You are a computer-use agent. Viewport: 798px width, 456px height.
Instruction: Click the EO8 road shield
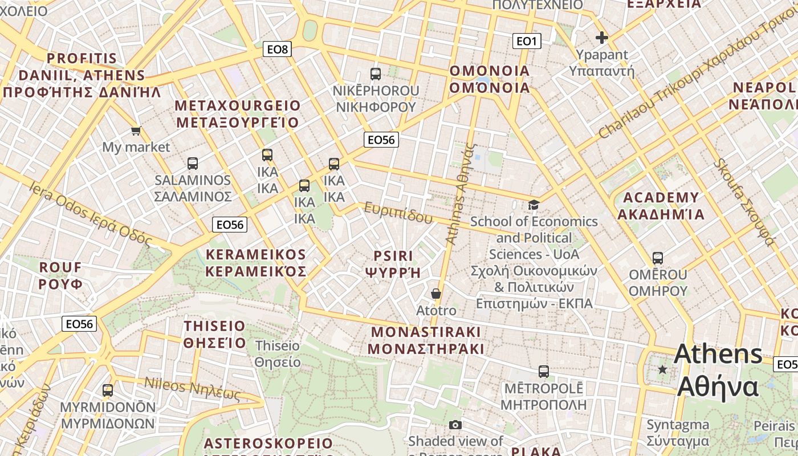[x=278, y=49]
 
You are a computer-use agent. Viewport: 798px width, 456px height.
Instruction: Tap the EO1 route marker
[x=526, y=41]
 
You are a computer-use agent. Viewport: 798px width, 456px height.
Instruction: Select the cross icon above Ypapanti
[x=601, y=38]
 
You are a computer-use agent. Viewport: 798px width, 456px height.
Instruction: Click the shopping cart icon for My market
[x=136, y=131]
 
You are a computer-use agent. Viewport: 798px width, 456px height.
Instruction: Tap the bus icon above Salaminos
[x=193, y=164]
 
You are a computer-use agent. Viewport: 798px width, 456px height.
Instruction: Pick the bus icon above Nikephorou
[x=376, y=74]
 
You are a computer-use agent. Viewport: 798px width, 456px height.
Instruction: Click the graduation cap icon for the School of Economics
[x=534, y=205]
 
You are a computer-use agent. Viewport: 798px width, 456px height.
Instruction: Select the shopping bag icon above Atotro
[x=436, y=294]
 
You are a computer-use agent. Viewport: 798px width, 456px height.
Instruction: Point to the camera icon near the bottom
[x=455, y=425]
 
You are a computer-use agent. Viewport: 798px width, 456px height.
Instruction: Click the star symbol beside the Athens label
[x=662, y=370]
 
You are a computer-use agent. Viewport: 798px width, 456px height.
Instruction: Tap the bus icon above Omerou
[x=658, y=258]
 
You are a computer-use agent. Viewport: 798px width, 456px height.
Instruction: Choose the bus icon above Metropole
[x=544, y=372]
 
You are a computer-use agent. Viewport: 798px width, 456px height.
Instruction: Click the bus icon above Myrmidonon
[x=108, y=390]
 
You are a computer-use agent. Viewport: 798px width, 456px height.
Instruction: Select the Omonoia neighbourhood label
[x=490, y=79]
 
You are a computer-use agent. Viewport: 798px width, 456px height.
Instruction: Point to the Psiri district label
[x=393, y=264]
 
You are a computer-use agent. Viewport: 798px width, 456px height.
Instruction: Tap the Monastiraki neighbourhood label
[x=426, y=340]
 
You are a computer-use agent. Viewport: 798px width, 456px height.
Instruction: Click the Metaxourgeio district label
[x=237, y=114]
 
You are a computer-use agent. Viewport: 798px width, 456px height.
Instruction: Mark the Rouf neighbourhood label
[x=60, y=275]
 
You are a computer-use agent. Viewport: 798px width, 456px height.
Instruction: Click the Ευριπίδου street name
[x=399, y=212]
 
